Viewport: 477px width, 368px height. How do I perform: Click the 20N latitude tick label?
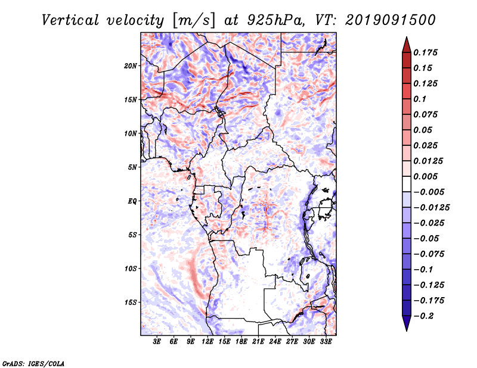[x=131, y=66]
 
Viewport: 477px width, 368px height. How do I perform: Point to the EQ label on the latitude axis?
[x=132, y=201]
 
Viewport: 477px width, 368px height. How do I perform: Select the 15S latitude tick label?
[x=131, y=302]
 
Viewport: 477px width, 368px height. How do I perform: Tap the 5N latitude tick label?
[x=132, y=167]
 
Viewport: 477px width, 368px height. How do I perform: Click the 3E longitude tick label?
[x=157, y=342]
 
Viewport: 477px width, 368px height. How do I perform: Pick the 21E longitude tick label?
[x=258, y=342]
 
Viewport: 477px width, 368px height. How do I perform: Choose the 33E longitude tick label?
[x=326, y=342]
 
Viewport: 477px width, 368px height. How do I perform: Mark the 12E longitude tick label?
[x=207, y=342]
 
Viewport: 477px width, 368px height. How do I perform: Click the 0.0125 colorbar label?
[x=429, y=161]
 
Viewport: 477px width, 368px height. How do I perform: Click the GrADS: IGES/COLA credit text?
[x=33, y=362]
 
